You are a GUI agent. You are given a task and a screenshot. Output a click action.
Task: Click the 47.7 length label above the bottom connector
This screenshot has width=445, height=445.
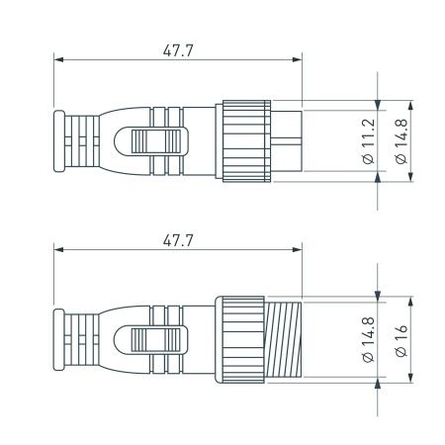178,238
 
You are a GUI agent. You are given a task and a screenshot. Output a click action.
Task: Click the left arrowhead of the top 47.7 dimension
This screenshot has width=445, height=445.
57,61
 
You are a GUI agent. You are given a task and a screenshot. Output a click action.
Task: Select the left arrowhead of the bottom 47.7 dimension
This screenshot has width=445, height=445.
57,251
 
